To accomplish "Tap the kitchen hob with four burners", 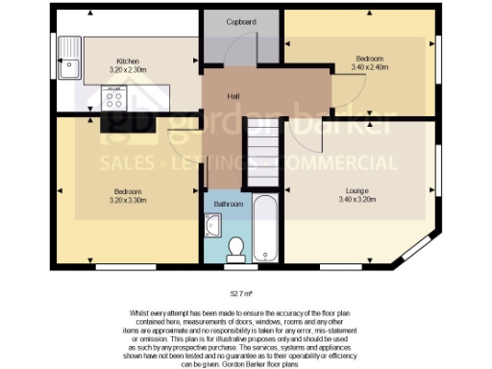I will (115, 96).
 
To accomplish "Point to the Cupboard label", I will (240, 20).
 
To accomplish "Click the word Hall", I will (233, 97).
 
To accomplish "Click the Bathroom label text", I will (229, 204).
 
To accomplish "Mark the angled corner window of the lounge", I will (419, 250).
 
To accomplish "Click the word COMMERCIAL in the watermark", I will (349, 161).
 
